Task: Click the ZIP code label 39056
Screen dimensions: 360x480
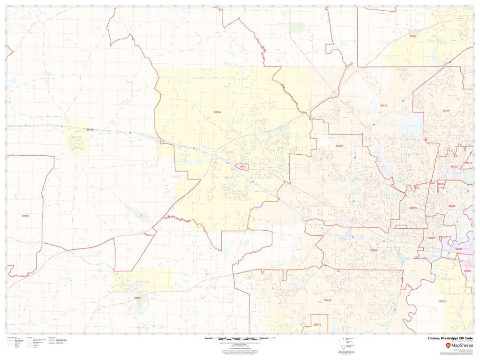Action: [x=217, y=112]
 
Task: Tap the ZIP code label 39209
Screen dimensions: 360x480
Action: [x=339, y=146]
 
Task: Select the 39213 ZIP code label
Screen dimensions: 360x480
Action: [x=383, y=105]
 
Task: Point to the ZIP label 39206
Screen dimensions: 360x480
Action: [x=446, y=110]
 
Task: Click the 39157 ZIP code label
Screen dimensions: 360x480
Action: [x=413, y=36]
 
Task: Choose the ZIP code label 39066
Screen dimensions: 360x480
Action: [x=25, y=216]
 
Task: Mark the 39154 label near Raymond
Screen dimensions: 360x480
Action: [x=137, y=298]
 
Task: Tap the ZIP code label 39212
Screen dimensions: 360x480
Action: [x=328, y=300]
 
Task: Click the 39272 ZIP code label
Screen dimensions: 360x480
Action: [x=318, y=324]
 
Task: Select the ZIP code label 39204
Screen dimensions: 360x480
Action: [x=373, y=251]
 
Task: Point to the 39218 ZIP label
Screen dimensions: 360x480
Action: [x=442, y=301]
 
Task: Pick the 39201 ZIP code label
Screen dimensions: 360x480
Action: [x=432, y=238]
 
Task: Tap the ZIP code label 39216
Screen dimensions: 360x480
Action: [x=453, y=166]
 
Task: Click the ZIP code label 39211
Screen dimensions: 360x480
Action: [x=468, y=163]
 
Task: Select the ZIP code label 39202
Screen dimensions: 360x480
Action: [x=451, y=206]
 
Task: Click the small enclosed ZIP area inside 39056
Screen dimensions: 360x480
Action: [x=242, y=166]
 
